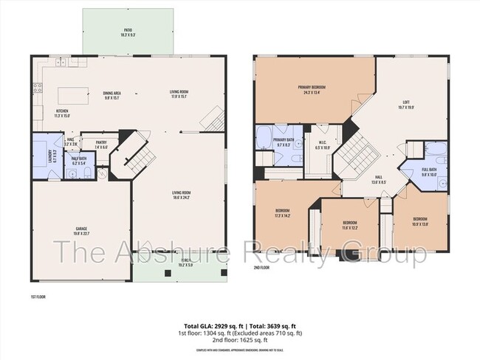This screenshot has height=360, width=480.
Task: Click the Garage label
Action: [x=81, y=231]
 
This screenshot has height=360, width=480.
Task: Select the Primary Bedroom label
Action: [x=312, y=89]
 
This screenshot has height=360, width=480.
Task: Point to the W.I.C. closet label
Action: [x=323, y=145]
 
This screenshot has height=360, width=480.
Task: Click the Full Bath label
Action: [x=430, y=173]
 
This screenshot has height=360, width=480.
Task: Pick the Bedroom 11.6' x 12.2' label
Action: [x=349, y=225]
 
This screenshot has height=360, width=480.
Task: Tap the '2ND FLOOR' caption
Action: [x=262, y=268]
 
